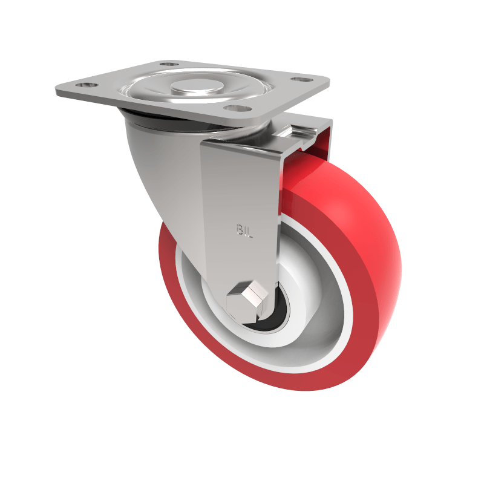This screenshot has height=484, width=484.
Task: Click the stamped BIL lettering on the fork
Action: pyautogui.click(x=243, y=230)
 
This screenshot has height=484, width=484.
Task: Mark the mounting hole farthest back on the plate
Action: pyautogui.click(x=170, y=63)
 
